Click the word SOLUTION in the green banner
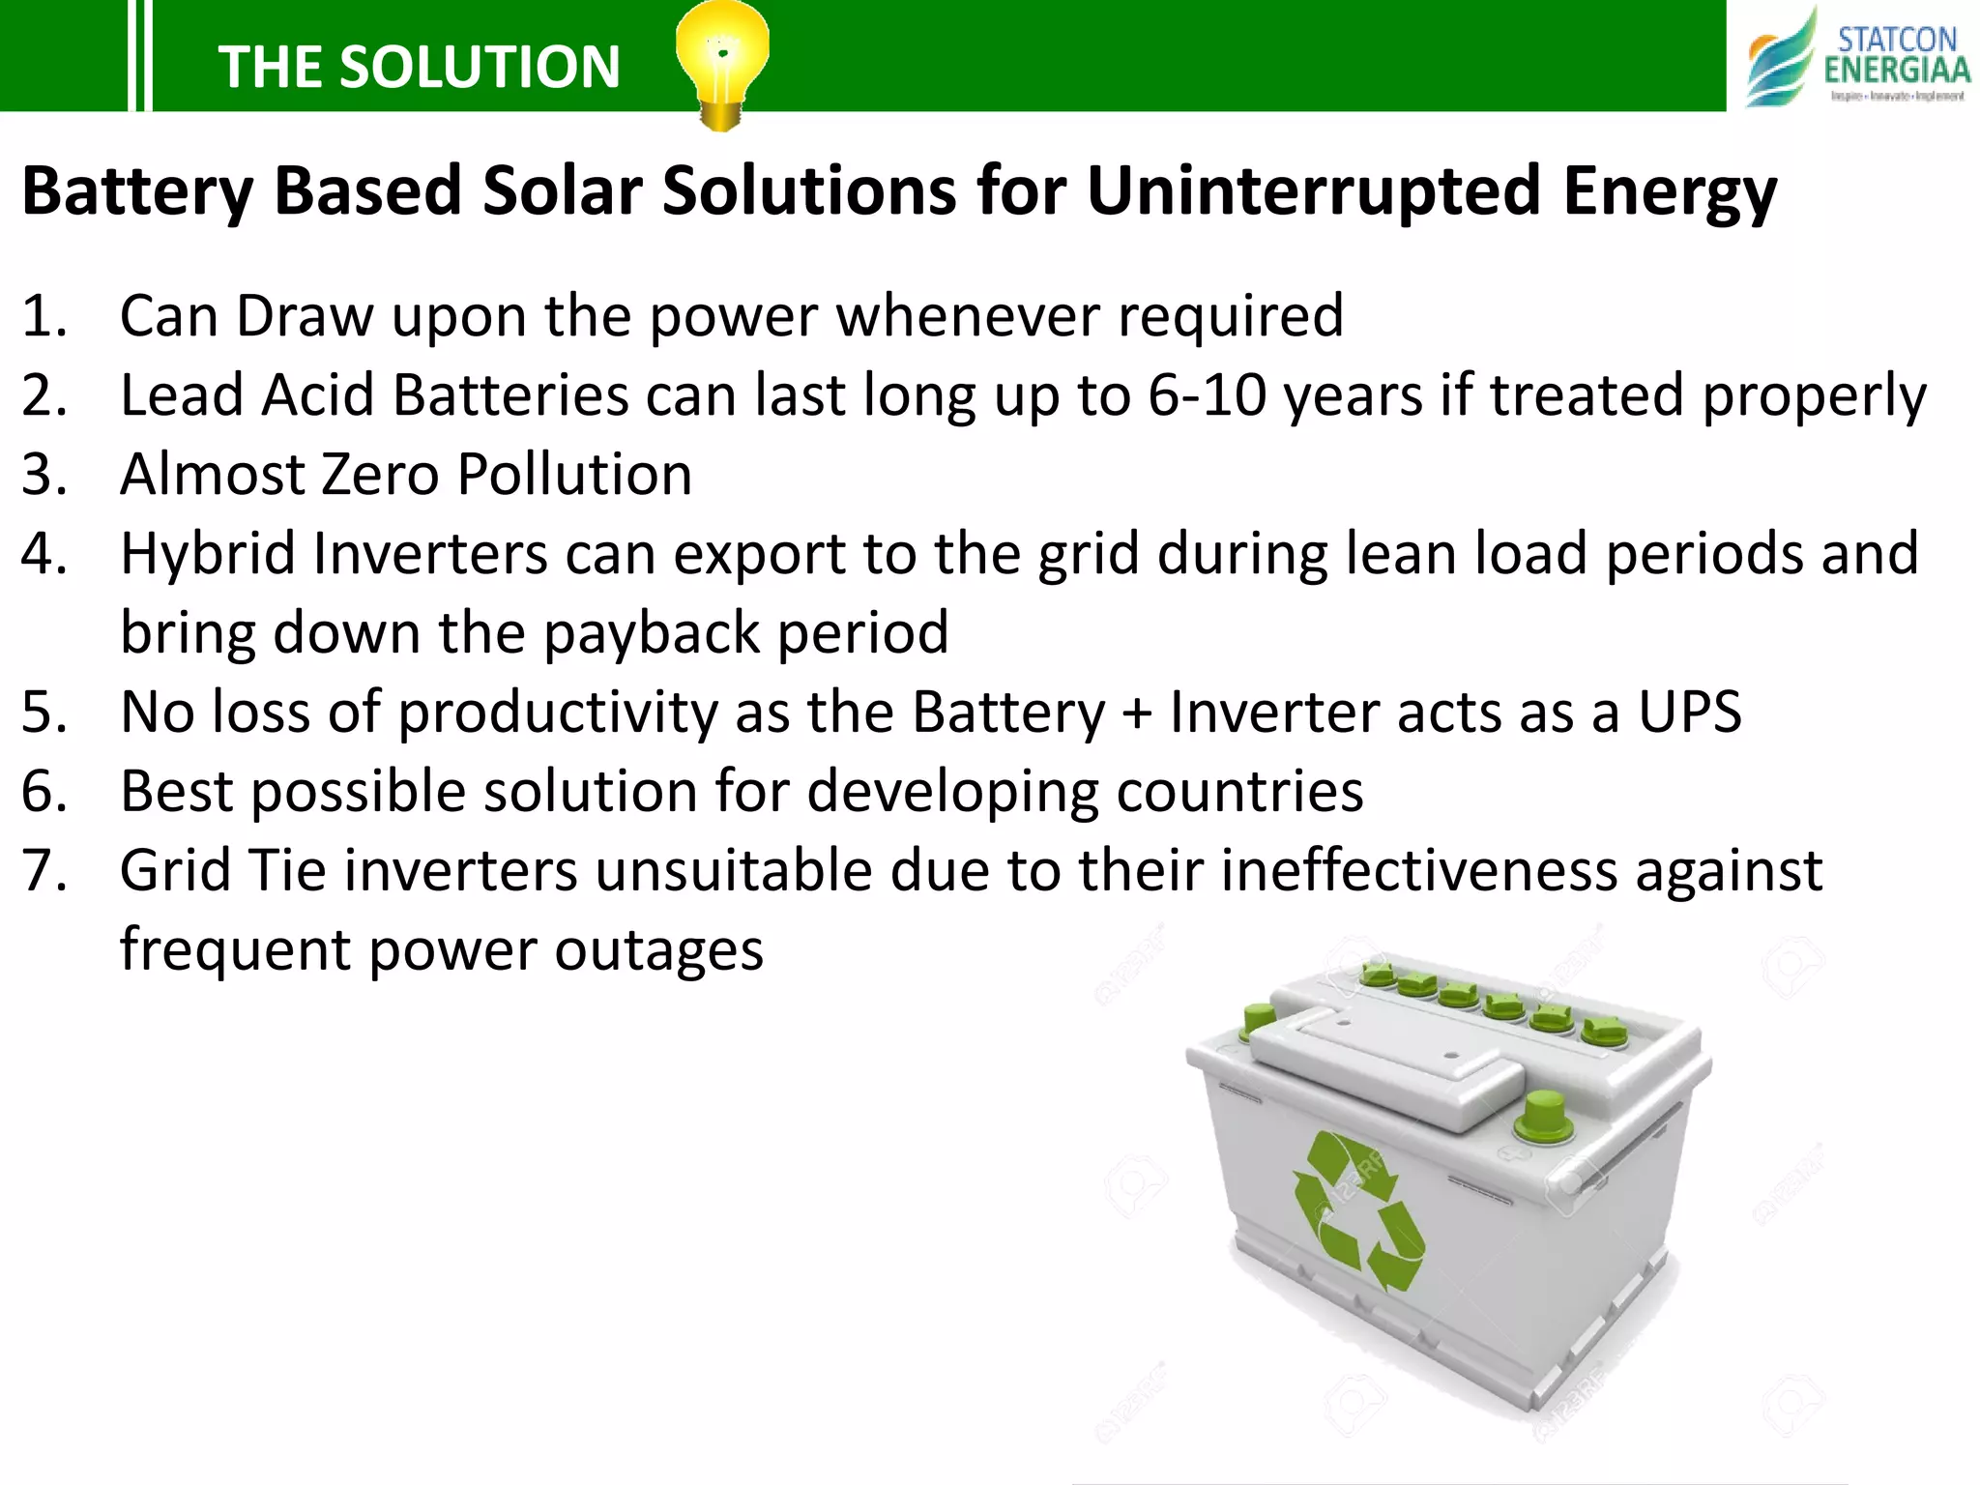pyautogui.click(x=480, y=68)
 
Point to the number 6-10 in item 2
pyautogui.click(x=1208, y=395)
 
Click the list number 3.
pyautogui.click(x=44, y=475)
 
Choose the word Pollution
pyautogui.click(x=574, y=475)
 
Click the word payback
pyautogui.click(x=651, y=633)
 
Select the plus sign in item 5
pyautogui.click(x=1137, y=713)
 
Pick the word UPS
pyautogui.click(x=1689, y=713)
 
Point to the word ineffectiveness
pyautogui.click(x=1418, y=870)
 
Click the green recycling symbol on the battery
pyautogui.click(x=1357, y=1213)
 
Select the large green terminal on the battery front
pyautogui.click(x=1543, y=1116)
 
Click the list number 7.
pyautogui.click(x=44, y=870)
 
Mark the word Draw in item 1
pyautogui.click(x=305, y=316)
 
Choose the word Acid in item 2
pyautogui.click(x=318, y=395)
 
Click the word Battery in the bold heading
pyautogui.click(x=137, y=190)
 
